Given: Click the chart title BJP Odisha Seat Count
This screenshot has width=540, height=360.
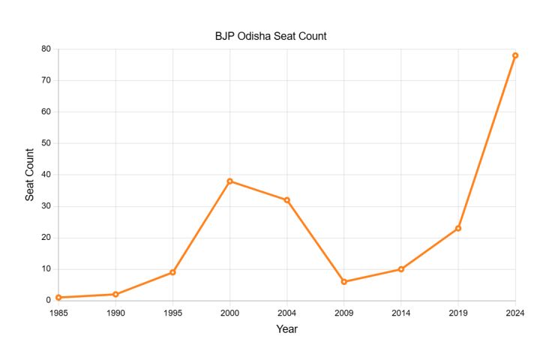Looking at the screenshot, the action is pyautogui.click(x=271, y=36).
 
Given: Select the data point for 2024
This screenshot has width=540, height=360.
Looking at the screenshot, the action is pyautogui.click(x=515, y=55).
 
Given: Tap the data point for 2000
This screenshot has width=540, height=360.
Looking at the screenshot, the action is pyautogui.click(x=229, y=181).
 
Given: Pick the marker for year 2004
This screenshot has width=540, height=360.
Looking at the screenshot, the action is pyautogui.click(x=286, y=200).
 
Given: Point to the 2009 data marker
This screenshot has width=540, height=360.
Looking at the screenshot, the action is pyautogui.click(x=344, y=282).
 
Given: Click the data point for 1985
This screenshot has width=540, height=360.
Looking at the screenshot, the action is pyautogui.click(x=58, y=297).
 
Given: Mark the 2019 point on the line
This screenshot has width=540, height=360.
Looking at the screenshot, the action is pyautogui.click(x=458, y=229).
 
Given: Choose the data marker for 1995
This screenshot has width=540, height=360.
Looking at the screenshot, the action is pyautogui.click(x=173, y=272).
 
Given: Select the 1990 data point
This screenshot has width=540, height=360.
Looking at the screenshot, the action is pyautogui.click(x=115, y=294).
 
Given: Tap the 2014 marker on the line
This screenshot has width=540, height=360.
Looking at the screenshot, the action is pyautogui.click(x=400, y=269).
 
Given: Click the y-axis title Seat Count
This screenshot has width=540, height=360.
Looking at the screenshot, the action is pyautogui.click(x=29, y=175).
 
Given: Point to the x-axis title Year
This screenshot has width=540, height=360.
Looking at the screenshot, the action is pyautogui.click(x=286, y=329).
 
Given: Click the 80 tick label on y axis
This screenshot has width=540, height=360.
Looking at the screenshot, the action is pyautogui.click(x=46, y=49).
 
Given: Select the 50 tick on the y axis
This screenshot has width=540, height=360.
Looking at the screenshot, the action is pyautogui.click(x=46, y=143).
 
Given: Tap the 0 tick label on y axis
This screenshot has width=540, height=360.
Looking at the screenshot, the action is pyautogui.click(x=48, y=300).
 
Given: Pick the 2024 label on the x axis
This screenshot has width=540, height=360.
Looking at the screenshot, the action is pyautogui.click(x=515, y=313).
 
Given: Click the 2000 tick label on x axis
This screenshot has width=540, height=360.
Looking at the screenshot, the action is pyautogui.click(x=229, y=313).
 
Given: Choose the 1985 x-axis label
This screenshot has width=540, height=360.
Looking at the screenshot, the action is pyautogui.click(x=58, y=313).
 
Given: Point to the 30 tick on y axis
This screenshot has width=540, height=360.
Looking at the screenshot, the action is pyautogui.click(x=46, y=206).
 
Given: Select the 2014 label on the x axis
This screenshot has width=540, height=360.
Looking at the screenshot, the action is pyautogui.click(x=400, y=313).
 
